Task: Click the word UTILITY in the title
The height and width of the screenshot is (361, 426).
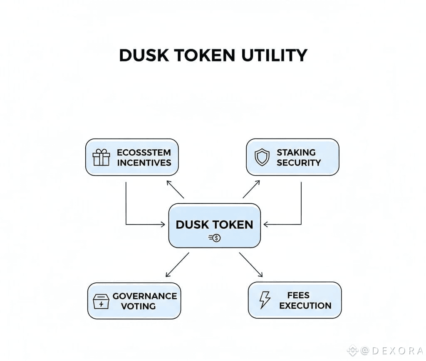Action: pos(275,55)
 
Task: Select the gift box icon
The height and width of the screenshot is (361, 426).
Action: pos(102,157)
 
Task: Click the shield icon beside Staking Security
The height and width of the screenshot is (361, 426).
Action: pos(262,157)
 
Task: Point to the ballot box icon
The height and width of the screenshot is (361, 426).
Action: pos(101,301)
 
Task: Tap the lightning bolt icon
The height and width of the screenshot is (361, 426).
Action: pos(265,300)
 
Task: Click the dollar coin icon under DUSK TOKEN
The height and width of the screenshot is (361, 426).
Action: pos(215,238)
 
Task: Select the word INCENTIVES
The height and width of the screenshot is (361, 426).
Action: pos(144,163)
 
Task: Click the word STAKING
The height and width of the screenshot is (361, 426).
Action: pos(296,152)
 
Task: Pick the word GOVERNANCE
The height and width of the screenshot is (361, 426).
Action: pos(145,296)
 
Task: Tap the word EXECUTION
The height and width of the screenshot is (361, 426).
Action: pos(305,306)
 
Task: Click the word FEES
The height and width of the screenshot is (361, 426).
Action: pos(298,295)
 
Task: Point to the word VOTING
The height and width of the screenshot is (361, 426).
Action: pos(138,306)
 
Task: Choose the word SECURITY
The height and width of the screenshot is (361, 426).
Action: pos(299,163)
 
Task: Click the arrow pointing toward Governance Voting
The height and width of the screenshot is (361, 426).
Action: pos(177,265)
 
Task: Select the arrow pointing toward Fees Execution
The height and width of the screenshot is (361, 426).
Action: pos(251,265)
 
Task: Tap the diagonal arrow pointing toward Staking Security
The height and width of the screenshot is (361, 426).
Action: pos(251,189)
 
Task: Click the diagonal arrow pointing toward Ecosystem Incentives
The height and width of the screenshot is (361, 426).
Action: pos(175,189)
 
